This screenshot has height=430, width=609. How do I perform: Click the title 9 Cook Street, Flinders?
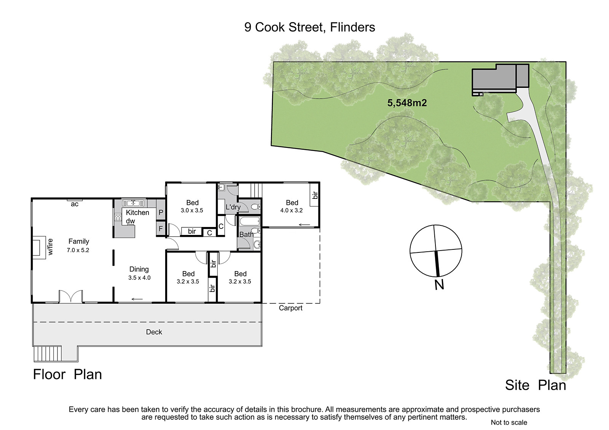310,27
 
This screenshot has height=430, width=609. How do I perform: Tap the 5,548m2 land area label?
407,103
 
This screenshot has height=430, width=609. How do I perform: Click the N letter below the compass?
439,285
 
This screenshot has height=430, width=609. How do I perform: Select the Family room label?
78,241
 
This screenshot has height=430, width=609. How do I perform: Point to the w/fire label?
50,247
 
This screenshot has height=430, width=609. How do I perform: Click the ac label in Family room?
75,204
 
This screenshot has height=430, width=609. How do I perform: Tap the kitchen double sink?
133,203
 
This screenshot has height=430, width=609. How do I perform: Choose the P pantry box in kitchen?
161,213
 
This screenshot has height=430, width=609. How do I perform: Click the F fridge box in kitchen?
161,229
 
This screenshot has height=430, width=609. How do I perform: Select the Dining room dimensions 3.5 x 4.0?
139,278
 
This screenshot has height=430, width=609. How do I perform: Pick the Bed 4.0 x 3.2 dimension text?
292,210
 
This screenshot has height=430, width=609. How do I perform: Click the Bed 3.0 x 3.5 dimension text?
192,210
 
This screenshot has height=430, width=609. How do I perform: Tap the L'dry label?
233,207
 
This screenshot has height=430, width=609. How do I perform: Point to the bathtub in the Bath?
250,221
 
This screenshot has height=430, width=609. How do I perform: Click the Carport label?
291,308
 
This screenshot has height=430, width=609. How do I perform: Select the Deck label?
154,332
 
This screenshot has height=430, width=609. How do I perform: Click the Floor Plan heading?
67,374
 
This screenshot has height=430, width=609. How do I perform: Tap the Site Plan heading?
536,385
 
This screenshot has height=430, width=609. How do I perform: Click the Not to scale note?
509,422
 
